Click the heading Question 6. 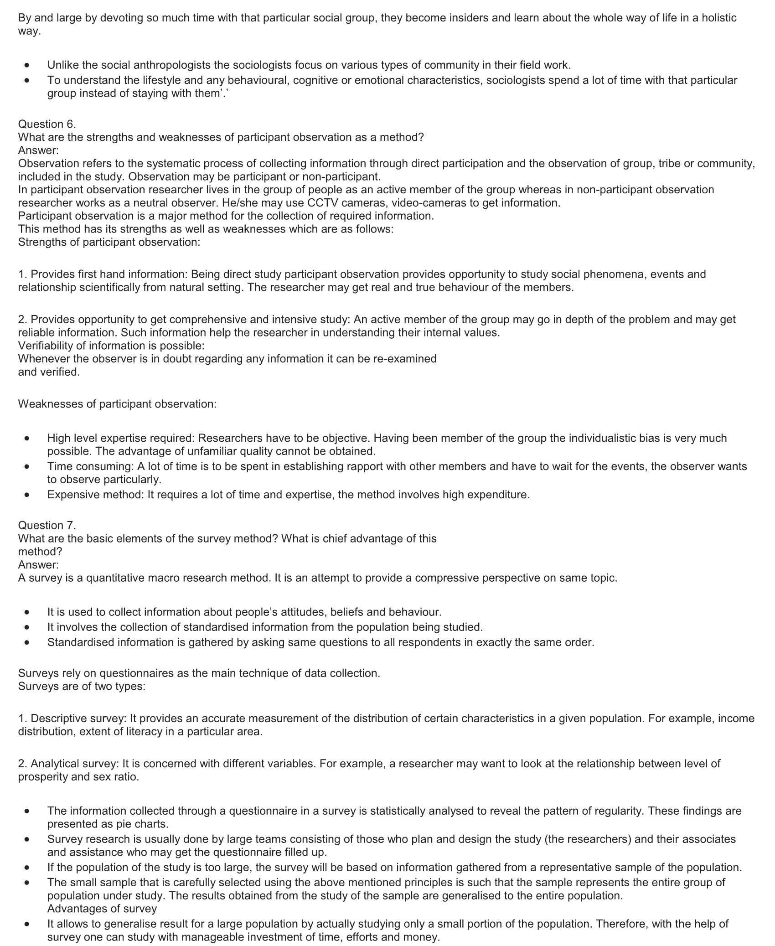[x=47, y=124]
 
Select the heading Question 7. [x=47, y=525]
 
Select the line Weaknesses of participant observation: [x=117, y=404]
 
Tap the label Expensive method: [x=95, y=495]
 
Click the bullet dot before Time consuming [x=28, y=467]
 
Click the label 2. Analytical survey [x=69, y=764]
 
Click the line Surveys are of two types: [x=82, y=686]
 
